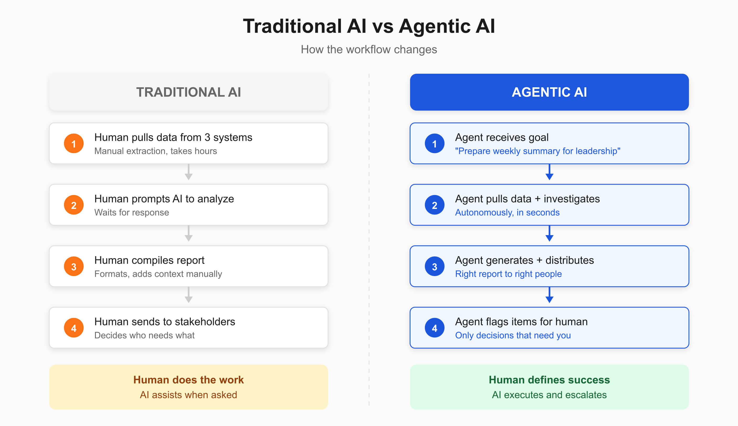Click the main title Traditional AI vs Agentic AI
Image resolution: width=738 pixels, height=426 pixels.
(x=369, y=26)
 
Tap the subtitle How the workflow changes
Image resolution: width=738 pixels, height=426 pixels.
(x=369, y=50)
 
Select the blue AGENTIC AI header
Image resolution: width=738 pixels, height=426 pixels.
(x=549, y=92)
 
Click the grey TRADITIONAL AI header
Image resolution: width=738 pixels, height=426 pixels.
(x=188, y=92)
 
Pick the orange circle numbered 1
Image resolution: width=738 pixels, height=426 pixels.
(x=74, y=143)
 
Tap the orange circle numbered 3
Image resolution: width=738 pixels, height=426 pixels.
(x=74, y=266)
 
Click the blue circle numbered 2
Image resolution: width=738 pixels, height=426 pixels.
(x=434, y=205)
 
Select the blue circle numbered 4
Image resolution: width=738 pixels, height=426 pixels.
(x=434, y=328)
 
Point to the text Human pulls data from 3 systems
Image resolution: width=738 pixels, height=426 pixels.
(x=173, y=137)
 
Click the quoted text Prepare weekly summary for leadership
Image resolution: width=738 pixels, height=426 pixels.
(x=537, y=151)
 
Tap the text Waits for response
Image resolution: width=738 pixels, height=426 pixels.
(x=131, y=212)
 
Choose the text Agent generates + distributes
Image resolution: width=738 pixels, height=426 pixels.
(x=524, y=260)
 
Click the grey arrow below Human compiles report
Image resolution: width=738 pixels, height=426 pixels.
(x=189, y=295)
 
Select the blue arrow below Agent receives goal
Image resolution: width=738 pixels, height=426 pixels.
(x=549, y=172)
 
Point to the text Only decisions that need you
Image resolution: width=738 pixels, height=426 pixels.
(x=513, y=335)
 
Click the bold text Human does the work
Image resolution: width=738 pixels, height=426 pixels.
(x=188, y=380)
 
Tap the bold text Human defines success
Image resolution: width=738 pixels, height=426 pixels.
(x=549, y=380)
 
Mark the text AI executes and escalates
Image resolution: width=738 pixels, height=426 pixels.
(x=549, y=395)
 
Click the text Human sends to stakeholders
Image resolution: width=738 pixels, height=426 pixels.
(x=165, y=322)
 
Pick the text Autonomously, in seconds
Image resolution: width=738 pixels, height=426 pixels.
(x=507, y=212)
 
